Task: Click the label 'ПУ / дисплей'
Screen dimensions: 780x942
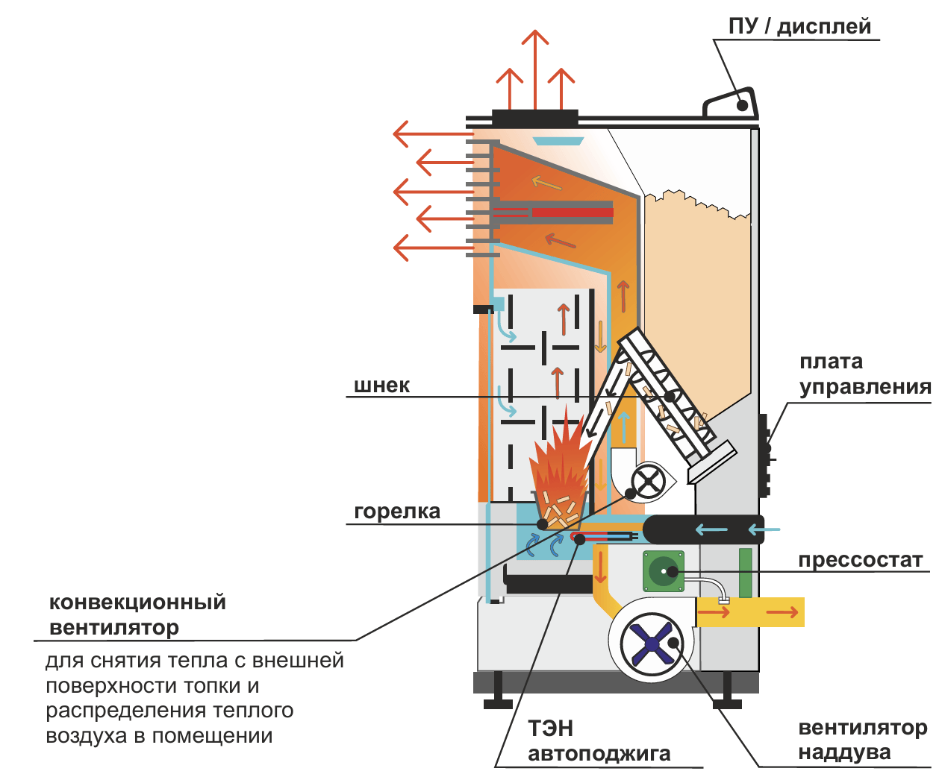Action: pyautogui.click(x=799, y=27)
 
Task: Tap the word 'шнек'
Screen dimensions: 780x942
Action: pyautogui.click(x=381, y=386)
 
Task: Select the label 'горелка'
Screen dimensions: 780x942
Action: pyautogui.click(x=396, y=512)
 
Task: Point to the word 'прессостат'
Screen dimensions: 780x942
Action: pyautogui.click(x=860, y=560)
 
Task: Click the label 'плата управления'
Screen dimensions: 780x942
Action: pyautogui.click(x=864, y=374)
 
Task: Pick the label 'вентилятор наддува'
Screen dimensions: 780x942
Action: pyautogui.click(x=862, y=740)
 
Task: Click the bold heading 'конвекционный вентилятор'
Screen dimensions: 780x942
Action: pyautogui.click(x=137, y=614)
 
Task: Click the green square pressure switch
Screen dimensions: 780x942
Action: pyautogui.click(x=663, y=572)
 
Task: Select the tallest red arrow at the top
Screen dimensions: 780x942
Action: pyautogui.click(x=534, y=67)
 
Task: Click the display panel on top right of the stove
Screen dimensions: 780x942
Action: pyautogui.click(x=732, y=104)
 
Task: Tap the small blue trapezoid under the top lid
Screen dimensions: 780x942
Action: pyautogui.click(x=558, y=141)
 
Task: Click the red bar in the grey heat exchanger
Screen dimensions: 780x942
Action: pyautogui.click(x=572, y=213)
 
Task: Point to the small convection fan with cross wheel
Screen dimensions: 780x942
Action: pyautogui.click(x=648, y=481)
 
